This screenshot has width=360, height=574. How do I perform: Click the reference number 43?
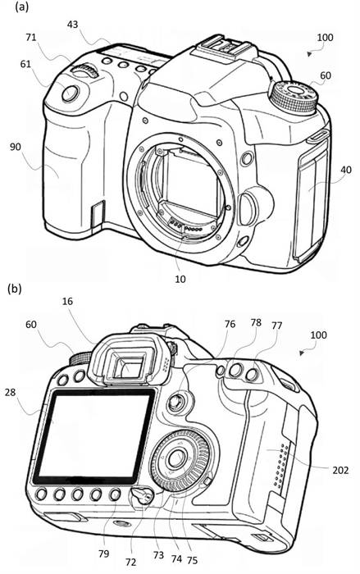click(72, 25)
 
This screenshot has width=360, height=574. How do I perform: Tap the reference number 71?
click(31, 37)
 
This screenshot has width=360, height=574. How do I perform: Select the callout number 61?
click(25, 64)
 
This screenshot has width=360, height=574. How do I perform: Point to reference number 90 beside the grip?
click(16, 147)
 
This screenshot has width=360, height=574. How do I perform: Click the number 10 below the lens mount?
click(180, 279)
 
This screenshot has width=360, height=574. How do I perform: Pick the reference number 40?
click(346, 170)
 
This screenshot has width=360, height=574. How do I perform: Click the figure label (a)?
click(21, 7)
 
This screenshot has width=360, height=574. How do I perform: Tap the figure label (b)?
click(15, 289)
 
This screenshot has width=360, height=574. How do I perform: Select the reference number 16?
click(67, 301)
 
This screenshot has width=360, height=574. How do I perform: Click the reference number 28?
click(11, 392)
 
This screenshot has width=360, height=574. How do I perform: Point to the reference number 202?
click(340, 470)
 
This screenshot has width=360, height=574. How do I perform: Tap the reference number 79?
click(104, 553)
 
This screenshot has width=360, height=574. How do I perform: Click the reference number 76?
click(230, 324)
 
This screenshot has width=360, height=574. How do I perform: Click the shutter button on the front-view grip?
click(71, 93)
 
